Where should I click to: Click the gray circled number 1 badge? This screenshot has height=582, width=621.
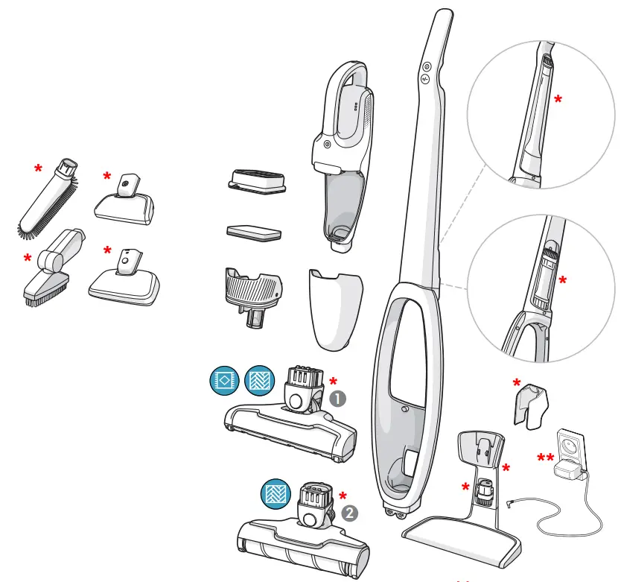(x=338, y=399)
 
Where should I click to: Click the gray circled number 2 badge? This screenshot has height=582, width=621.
(x=348, y=513)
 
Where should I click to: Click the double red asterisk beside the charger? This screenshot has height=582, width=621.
(x=545, y=458)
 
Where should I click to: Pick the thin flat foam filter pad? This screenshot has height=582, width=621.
(x=252, y=231)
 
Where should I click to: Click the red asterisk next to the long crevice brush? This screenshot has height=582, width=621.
(x=38, y=169)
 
